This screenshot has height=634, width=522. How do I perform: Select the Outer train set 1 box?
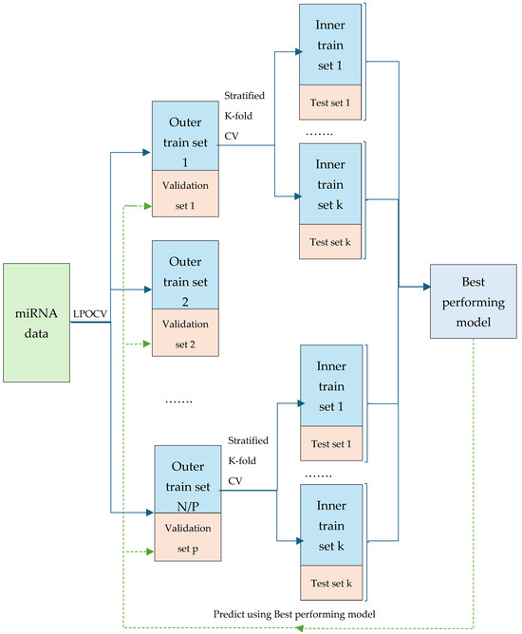pos(185,136)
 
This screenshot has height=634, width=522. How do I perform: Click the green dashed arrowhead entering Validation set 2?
pos(146,343)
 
